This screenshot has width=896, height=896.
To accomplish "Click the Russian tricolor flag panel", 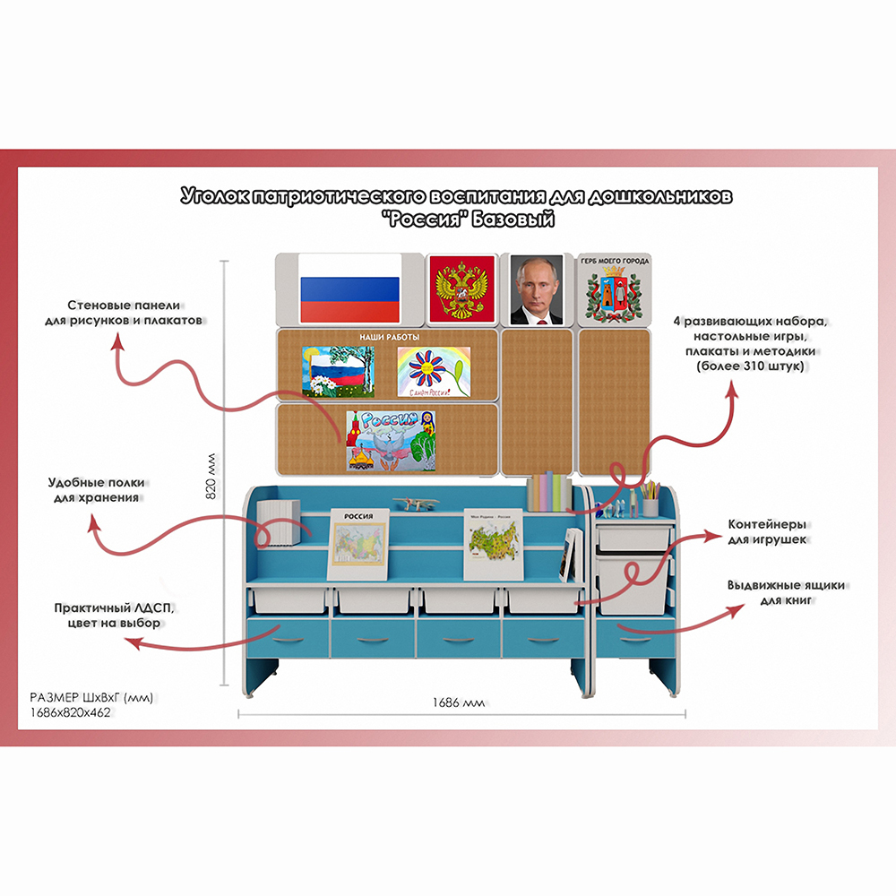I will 349,288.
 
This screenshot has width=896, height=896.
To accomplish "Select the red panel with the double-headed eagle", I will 461,289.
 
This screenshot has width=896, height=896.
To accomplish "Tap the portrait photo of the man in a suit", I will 537,289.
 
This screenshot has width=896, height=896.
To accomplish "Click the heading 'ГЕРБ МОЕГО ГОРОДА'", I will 614,261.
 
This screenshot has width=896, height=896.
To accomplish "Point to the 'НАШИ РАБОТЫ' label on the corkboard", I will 389,337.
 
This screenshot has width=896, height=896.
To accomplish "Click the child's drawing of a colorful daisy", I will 434,371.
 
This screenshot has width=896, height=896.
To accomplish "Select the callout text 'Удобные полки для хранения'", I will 98,489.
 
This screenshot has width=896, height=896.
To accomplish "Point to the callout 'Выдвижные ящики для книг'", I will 785,592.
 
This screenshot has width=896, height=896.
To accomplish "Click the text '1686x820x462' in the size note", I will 72,712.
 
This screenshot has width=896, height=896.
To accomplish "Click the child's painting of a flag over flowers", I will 340,371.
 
